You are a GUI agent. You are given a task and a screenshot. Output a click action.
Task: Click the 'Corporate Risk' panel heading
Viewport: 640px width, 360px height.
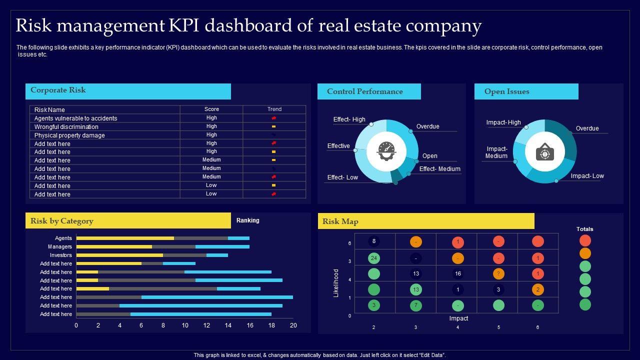[58, 90]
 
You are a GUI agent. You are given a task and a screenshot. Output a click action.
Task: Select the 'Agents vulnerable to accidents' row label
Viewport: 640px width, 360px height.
[75, 118]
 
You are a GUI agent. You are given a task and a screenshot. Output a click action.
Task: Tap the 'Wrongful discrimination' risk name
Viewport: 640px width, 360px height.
[66, 127]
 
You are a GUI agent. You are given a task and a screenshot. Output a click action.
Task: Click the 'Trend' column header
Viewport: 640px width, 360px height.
[274, 109]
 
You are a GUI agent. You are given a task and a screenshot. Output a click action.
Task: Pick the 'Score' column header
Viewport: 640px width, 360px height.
[211, 109]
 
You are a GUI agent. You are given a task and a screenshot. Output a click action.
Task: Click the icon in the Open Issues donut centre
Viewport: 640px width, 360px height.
[545, 151]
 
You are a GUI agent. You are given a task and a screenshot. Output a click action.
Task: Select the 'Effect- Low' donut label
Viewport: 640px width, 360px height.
[342, 177]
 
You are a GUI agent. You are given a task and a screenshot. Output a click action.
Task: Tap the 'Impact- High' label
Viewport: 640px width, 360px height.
[503, 122]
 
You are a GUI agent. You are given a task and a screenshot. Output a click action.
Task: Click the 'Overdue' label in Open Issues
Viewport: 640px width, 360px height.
[587, 128]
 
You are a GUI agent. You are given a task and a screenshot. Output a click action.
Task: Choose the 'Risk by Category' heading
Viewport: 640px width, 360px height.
[62, 221]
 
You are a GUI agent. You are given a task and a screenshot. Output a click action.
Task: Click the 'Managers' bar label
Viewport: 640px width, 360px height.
[60, 247]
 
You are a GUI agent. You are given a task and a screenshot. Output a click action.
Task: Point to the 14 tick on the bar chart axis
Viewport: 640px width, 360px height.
[228, 325]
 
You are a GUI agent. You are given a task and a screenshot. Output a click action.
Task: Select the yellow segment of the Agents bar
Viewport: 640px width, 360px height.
[125, 238]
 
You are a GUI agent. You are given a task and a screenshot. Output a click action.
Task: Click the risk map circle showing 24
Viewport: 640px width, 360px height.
[374, 258]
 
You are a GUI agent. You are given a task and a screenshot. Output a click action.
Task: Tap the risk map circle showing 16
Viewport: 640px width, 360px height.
[457, 274]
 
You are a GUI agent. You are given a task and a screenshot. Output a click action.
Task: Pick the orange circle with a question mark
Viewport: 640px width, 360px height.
[498, 274]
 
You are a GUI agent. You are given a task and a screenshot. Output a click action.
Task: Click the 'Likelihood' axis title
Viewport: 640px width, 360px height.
[336, 283]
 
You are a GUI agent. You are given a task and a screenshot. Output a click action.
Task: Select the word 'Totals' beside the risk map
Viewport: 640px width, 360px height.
[584, 229]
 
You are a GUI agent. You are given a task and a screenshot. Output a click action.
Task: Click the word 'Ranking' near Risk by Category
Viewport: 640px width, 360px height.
[248, 220]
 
